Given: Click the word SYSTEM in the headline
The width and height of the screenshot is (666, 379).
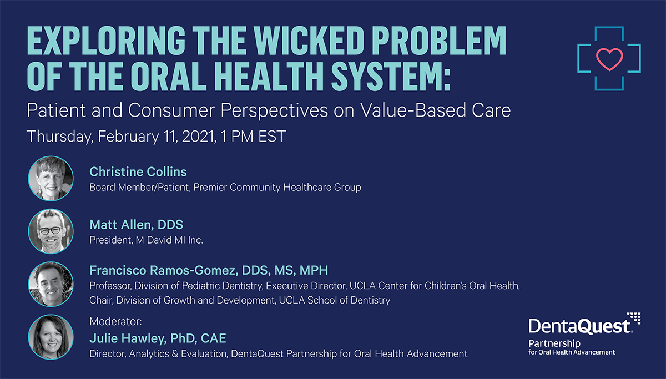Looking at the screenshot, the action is [x=391, y=76].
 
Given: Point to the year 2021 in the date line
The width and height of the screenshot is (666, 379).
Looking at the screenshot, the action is [x=199, y=137].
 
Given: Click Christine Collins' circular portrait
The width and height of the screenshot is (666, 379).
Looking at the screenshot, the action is [x=51, y=178].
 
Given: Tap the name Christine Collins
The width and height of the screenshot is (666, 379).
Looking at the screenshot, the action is [x=138, y=172].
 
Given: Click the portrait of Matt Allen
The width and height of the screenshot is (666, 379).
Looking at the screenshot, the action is [x=51, y=231].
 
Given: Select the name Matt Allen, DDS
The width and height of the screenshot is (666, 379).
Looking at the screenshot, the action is [x=136, y=225].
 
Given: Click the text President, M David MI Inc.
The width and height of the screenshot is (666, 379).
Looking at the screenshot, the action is [x=146, y=240].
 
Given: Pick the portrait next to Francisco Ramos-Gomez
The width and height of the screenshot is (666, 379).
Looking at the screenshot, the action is [x=51, y=284].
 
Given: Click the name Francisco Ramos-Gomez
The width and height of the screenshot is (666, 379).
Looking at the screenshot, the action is [x=164, y=270].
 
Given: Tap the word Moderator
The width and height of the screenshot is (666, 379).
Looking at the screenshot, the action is [x=115, y=321].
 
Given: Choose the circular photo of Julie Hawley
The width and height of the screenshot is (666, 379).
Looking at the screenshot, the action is [x=51, y=337].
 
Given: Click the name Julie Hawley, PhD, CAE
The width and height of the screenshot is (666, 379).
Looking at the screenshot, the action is [x=158, y=338].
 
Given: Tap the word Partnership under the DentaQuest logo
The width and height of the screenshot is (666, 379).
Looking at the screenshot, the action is [x=554, y=343].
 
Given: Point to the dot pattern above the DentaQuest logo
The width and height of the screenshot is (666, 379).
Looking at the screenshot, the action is [x=634, y=318].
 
